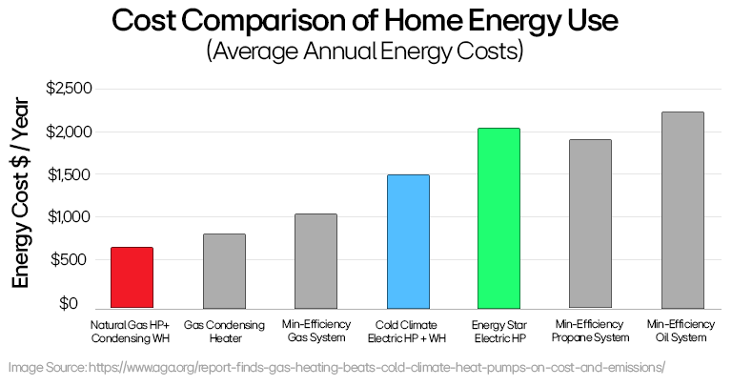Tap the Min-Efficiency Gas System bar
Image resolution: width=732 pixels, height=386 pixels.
click(x=315, y=259)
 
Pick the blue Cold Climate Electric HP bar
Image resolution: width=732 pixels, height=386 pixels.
click(x=408, y=239)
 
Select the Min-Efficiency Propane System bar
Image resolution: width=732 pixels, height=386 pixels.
click(x=591, y=222)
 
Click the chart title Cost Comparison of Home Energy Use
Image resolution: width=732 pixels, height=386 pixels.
click(x=365, y=20)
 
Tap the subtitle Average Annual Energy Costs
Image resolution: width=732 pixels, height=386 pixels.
click(x=365, y=51)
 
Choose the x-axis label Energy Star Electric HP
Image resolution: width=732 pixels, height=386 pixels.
click(x=499, y=331)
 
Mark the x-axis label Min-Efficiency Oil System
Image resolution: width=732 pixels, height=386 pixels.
click(x=682, y=331)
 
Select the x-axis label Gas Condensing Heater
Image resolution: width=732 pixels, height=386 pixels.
click(x=224, y=331)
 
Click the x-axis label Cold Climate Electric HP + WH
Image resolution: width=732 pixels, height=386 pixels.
click(x=408, y=331)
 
